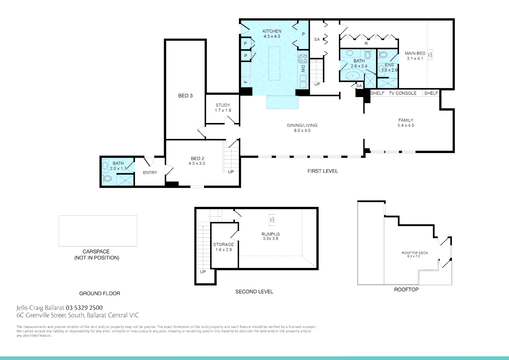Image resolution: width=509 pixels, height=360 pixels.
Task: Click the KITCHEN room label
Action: pos(271,31)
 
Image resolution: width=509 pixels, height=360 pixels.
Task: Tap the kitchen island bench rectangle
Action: pos(274,63)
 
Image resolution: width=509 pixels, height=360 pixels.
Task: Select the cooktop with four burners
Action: pos(303,59)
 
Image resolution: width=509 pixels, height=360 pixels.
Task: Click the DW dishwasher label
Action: pos(303,69)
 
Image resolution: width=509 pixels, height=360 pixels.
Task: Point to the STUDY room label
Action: pos(223,105)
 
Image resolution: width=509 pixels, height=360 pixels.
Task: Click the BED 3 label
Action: pos(185,96)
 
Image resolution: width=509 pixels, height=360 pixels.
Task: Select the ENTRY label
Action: pos(150,173)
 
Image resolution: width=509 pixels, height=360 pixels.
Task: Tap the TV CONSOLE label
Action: pos(402,93)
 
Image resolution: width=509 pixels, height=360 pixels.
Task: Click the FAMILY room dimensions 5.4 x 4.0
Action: pos(406,126)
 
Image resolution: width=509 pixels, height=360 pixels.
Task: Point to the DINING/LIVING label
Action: pos(302,125)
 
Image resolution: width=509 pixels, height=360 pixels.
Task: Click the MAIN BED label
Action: pos(415,53)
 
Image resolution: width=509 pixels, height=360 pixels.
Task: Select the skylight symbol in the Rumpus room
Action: pos(272,219)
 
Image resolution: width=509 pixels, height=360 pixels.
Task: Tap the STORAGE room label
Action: pos(224,244)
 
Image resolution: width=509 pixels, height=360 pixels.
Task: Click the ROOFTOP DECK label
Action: pos(414,253)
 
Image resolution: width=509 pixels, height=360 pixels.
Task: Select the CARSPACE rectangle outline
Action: pos(98,231)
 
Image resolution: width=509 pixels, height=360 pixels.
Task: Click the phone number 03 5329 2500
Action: pos(84,308)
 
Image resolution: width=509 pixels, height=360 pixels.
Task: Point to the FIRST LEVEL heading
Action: pos(322,171)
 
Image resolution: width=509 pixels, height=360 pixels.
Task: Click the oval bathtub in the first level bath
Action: pos(353,75)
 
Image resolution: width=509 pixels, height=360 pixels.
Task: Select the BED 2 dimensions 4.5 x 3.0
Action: pos(197,164)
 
